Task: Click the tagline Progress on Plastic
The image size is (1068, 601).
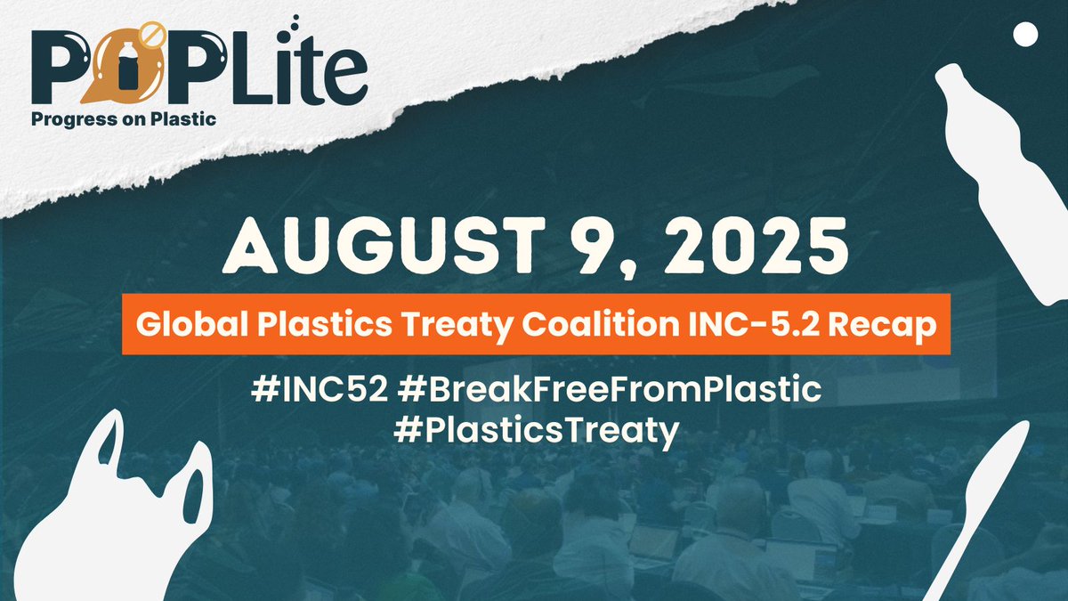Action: (x=125, y=118)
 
